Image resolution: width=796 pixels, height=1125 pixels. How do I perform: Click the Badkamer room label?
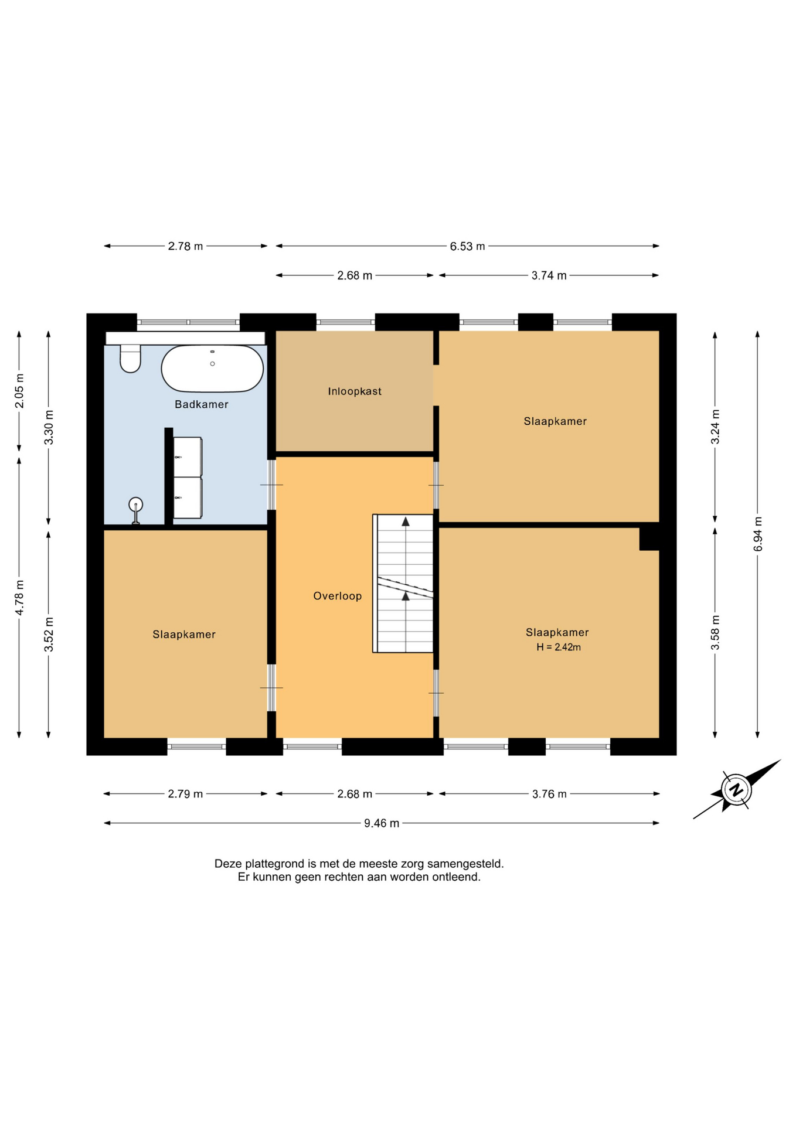coord(201,404)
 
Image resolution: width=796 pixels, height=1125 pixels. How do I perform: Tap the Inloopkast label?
coord(355,391)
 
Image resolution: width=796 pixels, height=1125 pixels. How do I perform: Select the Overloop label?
coord(338,596)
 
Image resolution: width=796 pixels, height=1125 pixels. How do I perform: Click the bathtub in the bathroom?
coord(212,369)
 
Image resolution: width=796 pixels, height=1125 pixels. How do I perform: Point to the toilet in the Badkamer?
coord(130,359)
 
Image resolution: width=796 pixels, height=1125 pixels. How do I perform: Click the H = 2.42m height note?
coord(559,647)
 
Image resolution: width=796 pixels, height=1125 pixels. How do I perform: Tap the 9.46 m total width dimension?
coord(382,823)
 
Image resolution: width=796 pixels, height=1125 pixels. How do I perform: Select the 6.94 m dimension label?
coord(758,534)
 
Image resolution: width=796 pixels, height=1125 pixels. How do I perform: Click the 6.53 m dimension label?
coord(467,247)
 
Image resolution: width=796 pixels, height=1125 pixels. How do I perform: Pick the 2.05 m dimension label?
coord(19,391)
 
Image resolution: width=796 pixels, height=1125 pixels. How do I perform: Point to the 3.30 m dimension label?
coord(49,427)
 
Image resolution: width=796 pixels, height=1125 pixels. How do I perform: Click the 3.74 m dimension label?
coord(549,276)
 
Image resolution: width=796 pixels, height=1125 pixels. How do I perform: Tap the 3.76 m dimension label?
coord(549,795)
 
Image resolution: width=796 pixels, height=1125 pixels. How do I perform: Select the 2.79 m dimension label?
coord(185,795)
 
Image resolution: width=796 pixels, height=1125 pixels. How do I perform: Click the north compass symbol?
coord(737,789)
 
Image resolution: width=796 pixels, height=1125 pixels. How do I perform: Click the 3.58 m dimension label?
coord(715,633)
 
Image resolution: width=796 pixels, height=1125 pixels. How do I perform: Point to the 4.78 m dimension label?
coord(19,598)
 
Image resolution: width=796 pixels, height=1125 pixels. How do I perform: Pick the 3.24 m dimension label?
coord(715,427)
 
